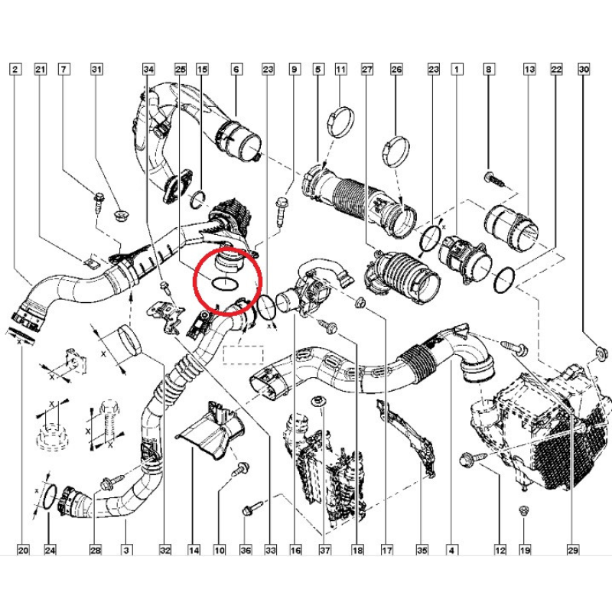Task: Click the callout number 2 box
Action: pyautogui.click(x=16, y=70)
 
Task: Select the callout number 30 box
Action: pyautogui.click(x=584, y=70)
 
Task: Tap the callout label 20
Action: pyautogui.click(x=22, y=549)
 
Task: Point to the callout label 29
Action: pyautogui.click(x=573, y=549)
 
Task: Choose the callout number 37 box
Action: pyautogui.click(x=324, y=549)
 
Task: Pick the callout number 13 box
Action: pyautogui.click(x=529, y=70)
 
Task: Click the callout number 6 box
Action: pyautogui.click(x=236, y=70)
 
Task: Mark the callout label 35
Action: pyautogui.click(x=421, y=549)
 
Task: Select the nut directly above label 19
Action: pyautogui.click(x=524, y=510)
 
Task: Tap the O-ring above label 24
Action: pyautogui.click(x=47, y=496)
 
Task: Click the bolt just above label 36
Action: pyautogui.click(x=249, y=507)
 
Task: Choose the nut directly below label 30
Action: pyautogui.click(x=601, y=353)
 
